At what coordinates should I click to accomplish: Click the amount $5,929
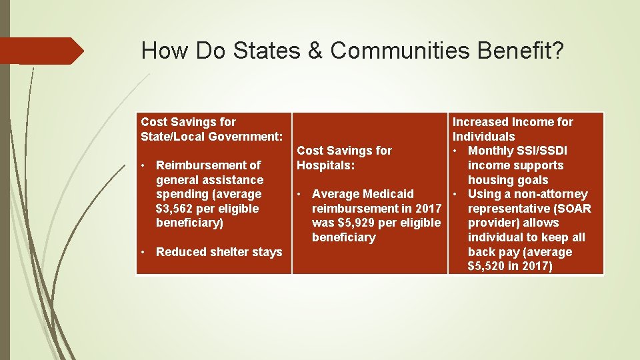click(x=357, y=223)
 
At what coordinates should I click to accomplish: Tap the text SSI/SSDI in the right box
click(x=541, y=151)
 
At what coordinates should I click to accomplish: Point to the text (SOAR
click(x=571, y=209)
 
